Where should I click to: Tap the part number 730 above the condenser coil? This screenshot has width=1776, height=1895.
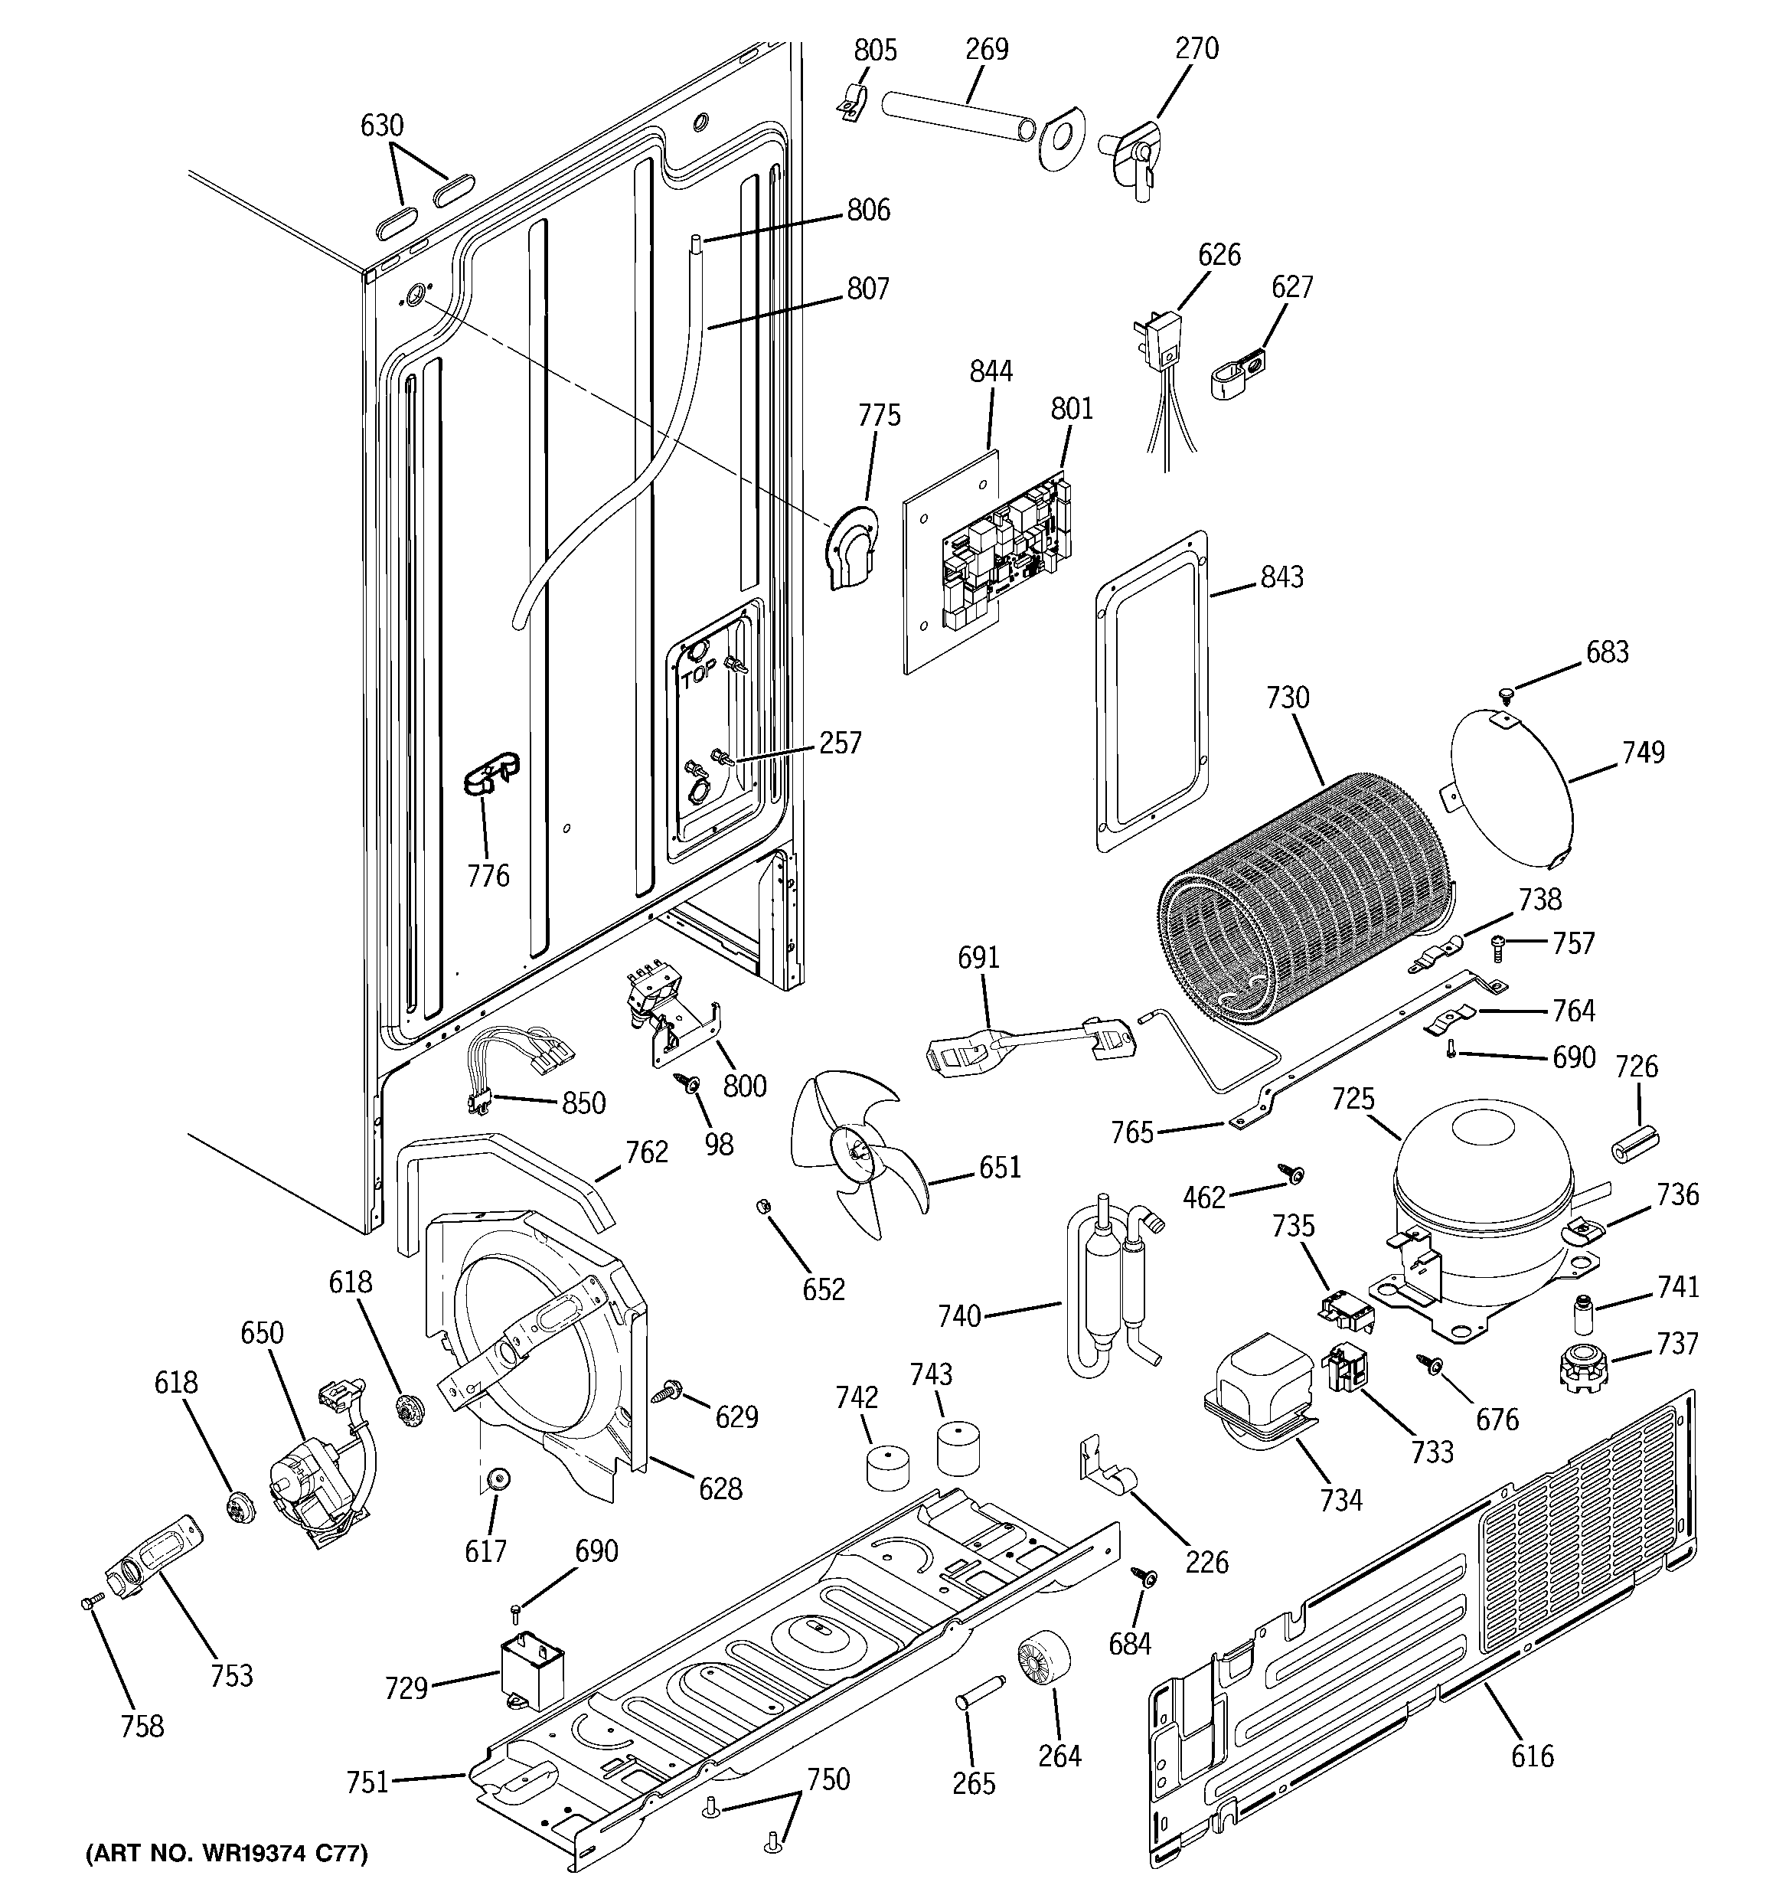click(x=1287, y=698)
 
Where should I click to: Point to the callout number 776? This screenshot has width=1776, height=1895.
click(x=488, y=875)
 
